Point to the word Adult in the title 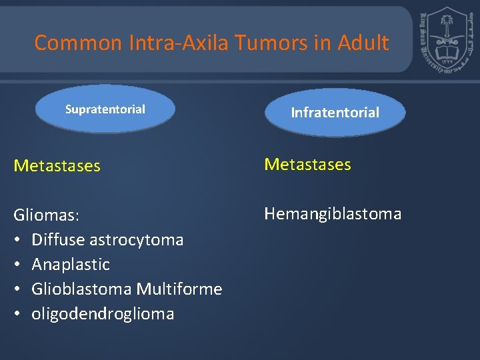pos(363,43)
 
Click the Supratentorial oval pos(105,109)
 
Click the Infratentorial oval pos(335,113)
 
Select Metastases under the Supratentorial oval pos(57,166)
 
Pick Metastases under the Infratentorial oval pos(307,165)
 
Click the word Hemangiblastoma pos(333,214)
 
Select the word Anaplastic pos(71,265)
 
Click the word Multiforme pos(179,289)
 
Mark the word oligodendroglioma pos(103,314)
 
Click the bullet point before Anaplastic pos(18,265)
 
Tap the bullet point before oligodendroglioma pos(18,314)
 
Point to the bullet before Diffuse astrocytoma pos(18,240)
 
